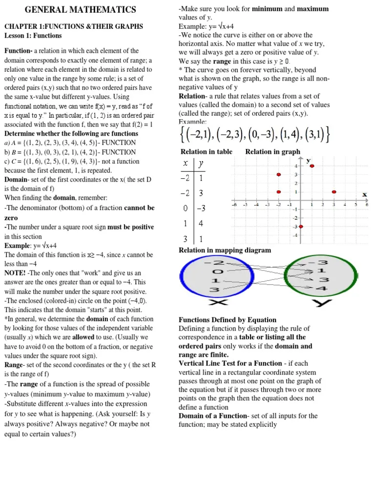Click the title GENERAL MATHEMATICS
pos(81,10)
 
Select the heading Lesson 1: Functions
pos(33,36)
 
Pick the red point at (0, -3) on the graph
pos(301,226)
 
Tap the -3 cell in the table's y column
pos(201,208)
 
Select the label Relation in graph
pos(272,152)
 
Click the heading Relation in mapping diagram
pos(225,250)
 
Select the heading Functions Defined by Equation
pos(228,320)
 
